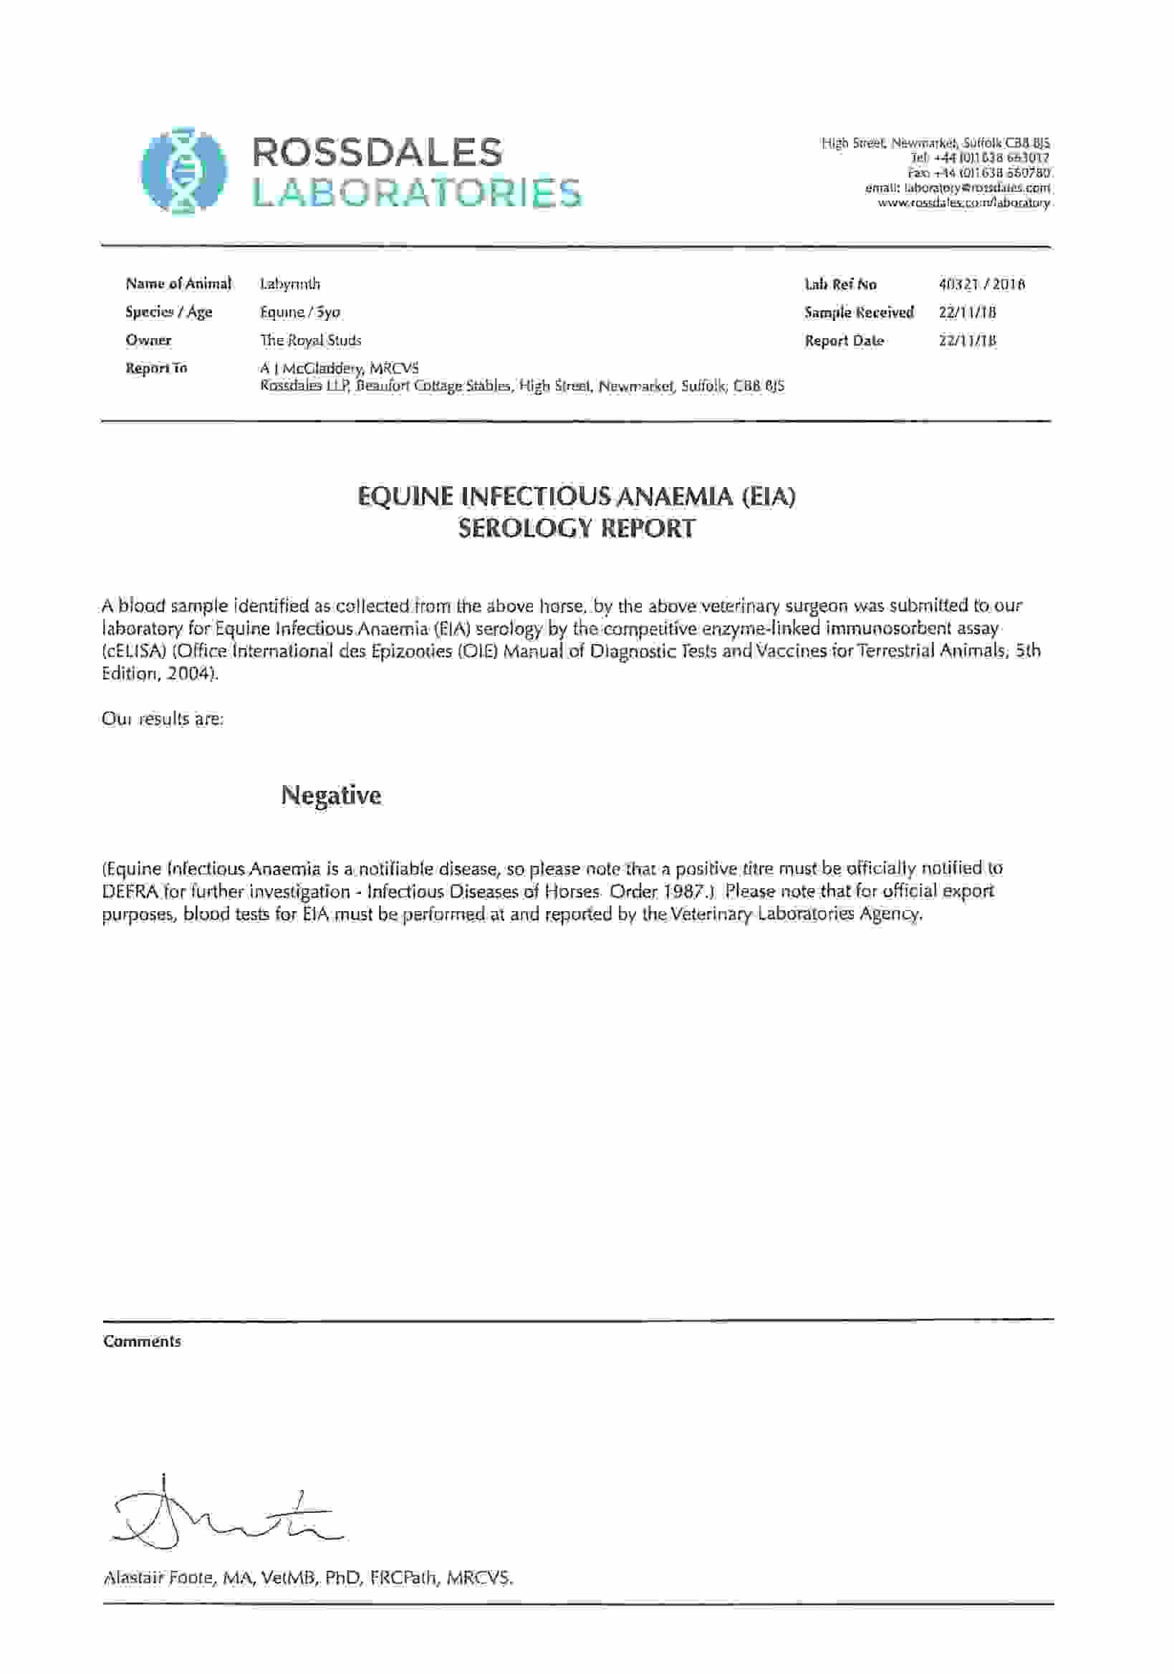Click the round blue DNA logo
(184, 171)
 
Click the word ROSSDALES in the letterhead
(377, 153)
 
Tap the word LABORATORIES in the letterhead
(416, 193)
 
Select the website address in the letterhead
(963, 203)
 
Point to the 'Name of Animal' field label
(178, 284)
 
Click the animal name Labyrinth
(289, 284)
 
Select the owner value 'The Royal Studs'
(311, 340)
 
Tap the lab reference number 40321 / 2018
(981, 284)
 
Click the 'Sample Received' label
(858, 313)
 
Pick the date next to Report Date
(967, 341)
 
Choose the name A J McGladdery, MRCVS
(339, 369)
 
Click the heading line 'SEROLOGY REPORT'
(576, 528)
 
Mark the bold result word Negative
(331, 794)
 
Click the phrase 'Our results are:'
(163, 719)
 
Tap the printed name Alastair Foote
(158, 1579)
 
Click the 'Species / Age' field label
(168, 313)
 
